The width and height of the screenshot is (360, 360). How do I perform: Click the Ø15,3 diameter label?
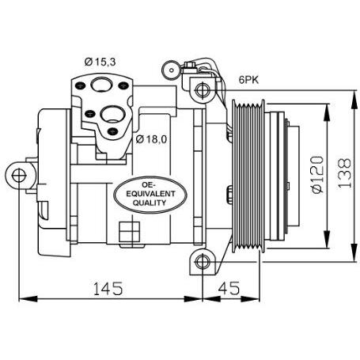100,62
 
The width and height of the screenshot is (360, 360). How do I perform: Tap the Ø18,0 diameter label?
151,139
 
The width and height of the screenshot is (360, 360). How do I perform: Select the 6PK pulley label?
248,80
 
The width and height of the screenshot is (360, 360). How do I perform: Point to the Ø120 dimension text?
316,175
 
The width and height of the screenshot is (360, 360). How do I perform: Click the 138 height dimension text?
345,173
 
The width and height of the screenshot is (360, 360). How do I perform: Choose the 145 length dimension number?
108,288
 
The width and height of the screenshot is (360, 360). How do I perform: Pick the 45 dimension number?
229,288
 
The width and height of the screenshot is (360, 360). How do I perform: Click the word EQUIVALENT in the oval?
150,194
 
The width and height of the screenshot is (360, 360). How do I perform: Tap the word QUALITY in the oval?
150,203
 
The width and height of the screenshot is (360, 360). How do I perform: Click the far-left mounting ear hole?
19,176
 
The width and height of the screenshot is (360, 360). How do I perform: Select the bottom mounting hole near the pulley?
203,262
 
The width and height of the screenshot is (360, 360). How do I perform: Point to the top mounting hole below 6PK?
203,90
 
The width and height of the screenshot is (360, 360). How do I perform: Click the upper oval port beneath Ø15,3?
101,85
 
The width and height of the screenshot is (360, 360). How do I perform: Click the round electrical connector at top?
172,70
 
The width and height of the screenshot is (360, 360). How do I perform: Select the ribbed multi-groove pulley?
248,176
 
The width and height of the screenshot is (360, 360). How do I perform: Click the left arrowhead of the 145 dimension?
28,299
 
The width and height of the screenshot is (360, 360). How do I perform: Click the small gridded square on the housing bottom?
129,232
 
